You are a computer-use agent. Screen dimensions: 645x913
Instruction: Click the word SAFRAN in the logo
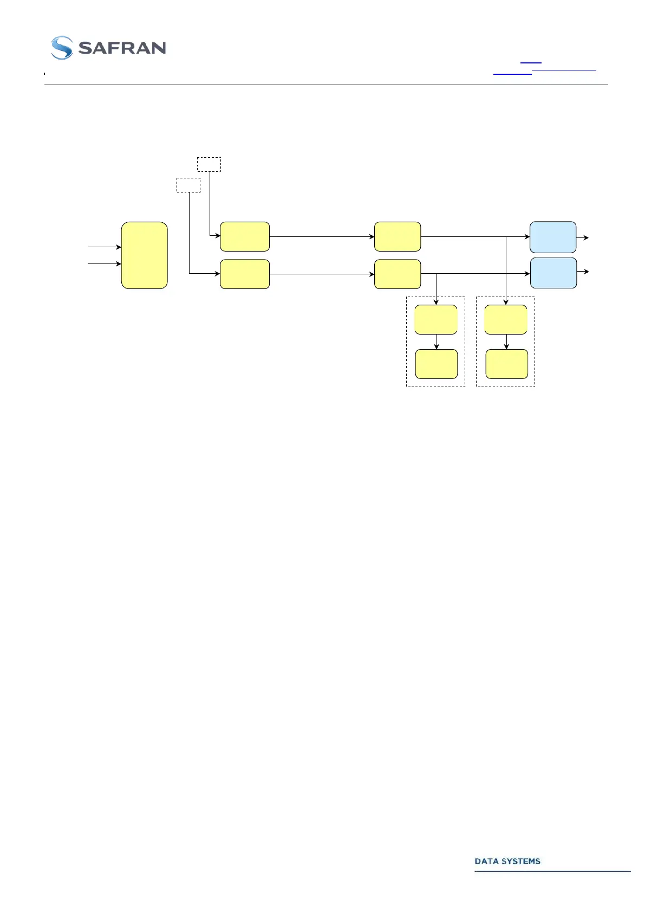point(122,48)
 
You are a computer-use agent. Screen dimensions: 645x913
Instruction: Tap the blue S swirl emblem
point(62,48)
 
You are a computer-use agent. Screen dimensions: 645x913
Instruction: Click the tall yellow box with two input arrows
point(144,255)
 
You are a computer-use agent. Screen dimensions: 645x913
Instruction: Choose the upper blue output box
point(552,237)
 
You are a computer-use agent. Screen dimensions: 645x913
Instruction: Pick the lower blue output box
point(553,273)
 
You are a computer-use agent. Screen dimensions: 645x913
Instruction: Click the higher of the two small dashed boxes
point(209,164)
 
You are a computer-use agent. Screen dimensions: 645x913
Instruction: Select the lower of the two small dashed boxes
point(188,185)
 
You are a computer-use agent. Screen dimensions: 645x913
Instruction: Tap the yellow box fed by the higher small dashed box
point(245,236)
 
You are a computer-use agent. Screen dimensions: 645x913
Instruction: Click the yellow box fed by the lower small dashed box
point(245,274)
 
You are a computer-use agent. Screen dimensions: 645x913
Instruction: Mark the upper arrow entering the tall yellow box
point(105,247)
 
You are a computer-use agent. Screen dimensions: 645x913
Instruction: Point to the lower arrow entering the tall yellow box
point(105,264)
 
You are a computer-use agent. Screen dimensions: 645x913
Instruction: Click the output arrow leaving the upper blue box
point(583,237)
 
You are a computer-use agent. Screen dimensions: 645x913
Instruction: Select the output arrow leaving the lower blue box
point(583,272)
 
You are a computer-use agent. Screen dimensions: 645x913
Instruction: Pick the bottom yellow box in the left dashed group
point(436,364)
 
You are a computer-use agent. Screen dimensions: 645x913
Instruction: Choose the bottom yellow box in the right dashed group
point(506,364)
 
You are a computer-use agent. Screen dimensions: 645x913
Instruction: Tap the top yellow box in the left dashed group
point(436,319)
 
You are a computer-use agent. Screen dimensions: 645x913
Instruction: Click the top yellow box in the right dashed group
point(506,319)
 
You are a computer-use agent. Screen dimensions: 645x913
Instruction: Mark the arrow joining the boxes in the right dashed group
point(506,342)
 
